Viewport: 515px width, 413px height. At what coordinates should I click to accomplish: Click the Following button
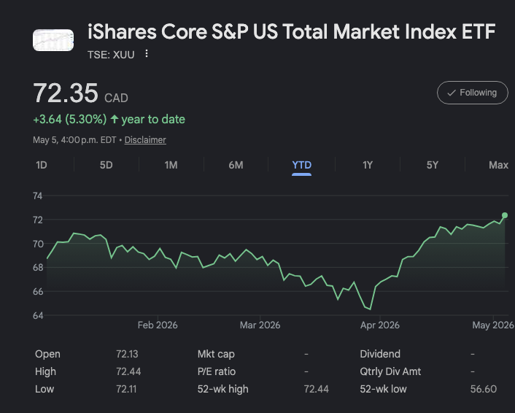472,93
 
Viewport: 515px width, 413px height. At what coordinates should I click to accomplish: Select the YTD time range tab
301,165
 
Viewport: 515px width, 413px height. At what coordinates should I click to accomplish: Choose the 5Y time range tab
433,165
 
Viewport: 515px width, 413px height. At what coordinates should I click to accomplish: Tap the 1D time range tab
42,165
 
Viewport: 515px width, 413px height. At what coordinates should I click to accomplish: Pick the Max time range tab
498,165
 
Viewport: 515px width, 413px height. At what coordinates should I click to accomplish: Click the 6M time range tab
236,165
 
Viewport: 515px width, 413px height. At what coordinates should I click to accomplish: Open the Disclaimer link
145,140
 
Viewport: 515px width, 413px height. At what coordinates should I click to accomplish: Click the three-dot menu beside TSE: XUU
147,53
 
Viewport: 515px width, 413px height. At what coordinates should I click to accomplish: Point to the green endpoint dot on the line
505,215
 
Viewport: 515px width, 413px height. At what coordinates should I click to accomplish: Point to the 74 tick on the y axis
38,196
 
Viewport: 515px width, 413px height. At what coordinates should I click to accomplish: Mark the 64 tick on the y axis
38,315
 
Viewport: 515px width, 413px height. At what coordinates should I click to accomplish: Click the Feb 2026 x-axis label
158,325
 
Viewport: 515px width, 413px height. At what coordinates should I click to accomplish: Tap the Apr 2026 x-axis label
379,325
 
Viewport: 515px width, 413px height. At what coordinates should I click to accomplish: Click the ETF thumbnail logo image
53,40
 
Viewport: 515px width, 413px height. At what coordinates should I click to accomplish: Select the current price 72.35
66,93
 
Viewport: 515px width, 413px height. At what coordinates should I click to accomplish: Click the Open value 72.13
127,354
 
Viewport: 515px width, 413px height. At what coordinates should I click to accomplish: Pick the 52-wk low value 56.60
484,389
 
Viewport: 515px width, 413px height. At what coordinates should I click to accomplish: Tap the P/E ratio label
217,371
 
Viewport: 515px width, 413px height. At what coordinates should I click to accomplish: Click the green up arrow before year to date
115,119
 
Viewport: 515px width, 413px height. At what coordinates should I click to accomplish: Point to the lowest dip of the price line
370,309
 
